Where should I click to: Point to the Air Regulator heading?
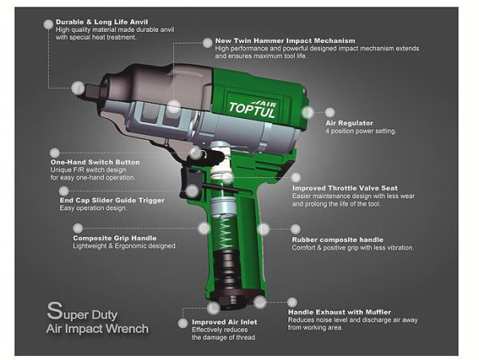[350, 123]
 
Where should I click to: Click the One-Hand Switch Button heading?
[95, 162]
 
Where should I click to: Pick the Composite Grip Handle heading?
[115, 238]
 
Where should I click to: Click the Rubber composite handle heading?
[338, 239]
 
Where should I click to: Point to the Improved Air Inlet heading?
[224, 322]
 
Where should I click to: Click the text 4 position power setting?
[360, 132]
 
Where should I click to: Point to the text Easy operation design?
[93, 208]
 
